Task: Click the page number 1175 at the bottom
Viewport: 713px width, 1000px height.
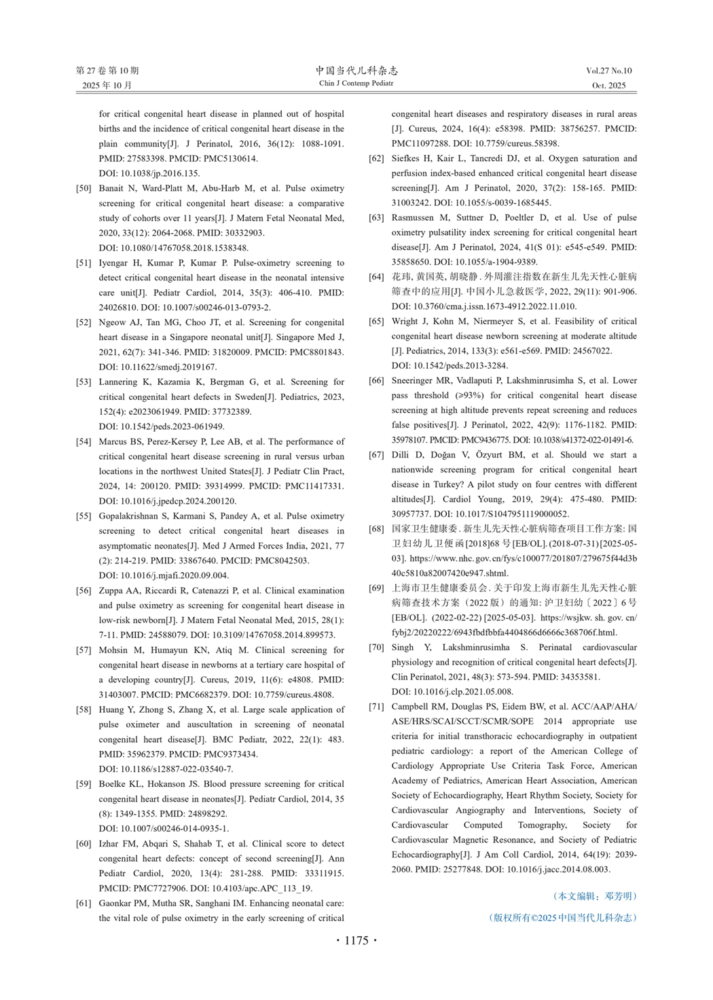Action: click(356, 940)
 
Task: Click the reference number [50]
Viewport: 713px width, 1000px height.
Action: click(84, 188)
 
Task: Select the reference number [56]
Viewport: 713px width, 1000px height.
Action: click(84, 591)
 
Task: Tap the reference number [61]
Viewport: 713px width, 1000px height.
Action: click(84, 903)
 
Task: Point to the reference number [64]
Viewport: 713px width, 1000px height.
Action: click(376, 277)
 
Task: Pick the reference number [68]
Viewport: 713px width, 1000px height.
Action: click(376, 529)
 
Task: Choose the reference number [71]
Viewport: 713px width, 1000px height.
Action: click(376, 707)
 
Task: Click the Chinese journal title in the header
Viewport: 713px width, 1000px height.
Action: click(356, 71)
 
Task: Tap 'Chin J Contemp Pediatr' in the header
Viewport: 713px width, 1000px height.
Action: click(356, 84)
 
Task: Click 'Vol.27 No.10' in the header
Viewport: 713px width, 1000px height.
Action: click(608, 71)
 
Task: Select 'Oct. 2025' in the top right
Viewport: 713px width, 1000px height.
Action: click(608, 86)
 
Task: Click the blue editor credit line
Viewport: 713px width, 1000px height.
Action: click(595, 896)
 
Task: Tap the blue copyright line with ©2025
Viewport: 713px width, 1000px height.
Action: click(563, 918)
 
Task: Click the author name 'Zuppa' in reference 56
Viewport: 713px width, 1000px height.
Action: click(111, 591)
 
